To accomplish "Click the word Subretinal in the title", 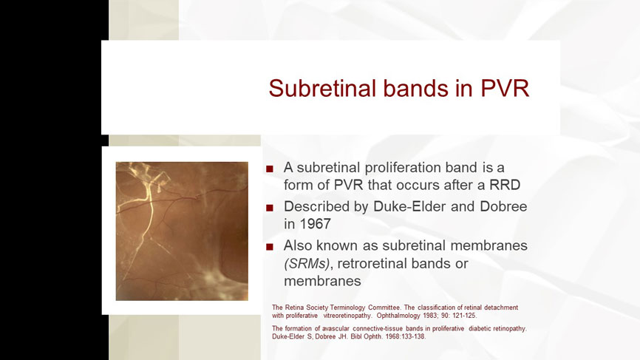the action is (x=322, y=89).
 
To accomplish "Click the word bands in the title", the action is (x=415, y=88).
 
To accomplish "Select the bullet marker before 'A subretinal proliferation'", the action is (x=270, y=169).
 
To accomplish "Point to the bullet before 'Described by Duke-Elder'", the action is (x=270, y=208).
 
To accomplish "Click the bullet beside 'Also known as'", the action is (x=270, y=247).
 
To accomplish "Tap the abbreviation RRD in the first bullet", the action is (x=505, y=185).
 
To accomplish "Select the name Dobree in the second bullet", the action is (x=503, y=206).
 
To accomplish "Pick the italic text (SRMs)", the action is (x=307, y=264).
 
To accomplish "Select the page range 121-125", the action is (x=463, y=316).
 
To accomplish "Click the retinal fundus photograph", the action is (x=182, y=231).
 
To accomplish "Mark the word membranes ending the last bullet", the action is (x=322, y=281).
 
